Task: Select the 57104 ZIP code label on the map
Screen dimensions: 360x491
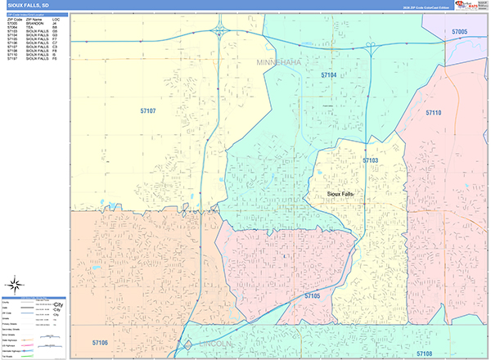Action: [x=329, y=74]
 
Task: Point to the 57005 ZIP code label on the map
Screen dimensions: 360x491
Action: [x=459, y=32]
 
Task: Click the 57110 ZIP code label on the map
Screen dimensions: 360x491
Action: [x=433, y=113]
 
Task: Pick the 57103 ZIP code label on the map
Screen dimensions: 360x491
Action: [x=371, y=160]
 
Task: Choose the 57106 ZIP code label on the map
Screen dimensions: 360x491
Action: [x=100, y=343]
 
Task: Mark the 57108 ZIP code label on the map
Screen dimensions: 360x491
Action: [x=424, y=353]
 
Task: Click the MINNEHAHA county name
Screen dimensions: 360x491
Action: [x=280, y=62]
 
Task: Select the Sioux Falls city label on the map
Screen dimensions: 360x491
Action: [x=340, y=193]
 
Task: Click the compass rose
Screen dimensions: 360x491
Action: [x=187, y=345]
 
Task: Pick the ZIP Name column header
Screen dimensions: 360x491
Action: [x=34, y=19]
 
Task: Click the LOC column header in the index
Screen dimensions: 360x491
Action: [x=55, y=19]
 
